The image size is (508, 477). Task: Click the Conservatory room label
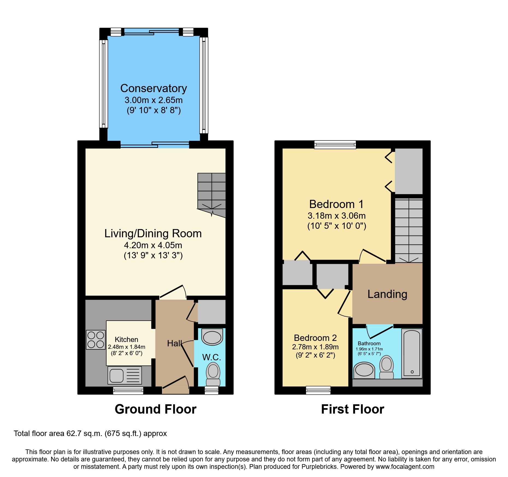(x=153, y=89)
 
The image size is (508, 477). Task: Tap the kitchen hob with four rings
(x=96, y=340)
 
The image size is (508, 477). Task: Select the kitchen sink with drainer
(x=125, y=375)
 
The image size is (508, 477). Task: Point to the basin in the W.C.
(x=212, y=337)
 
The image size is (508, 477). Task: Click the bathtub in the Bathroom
(x=412, y=353)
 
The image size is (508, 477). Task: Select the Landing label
(x=387, y=294)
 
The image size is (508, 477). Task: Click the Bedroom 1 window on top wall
(x=335, y=144)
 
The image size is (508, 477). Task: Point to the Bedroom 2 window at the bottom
(x=318, y=390)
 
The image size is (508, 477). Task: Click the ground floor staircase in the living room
(x=212, y=194)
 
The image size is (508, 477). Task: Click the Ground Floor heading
(x=155, y=409)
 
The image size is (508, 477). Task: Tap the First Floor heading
(x=352, y=409)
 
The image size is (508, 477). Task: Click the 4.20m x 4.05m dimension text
(x=153, y=245)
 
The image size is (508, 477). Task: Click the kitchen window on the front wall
(x=128, y=391)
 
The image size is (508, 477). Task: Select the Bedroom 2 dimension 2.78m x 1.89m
(x=315, y=347)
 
